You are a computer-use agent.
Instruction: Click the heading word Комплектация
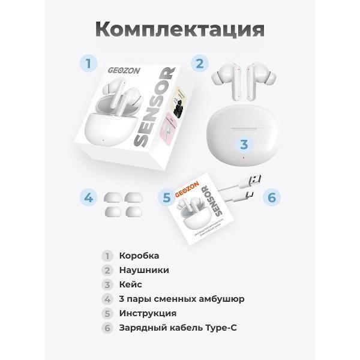[x=179, y=29]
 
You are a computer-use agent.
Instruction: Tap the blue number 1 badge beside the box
[x=89, y=63]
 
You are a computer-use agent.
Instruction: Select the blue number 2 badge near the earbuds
[x=199, y=63]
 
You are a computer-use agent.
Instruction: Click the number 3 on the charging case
[x=244, y=145]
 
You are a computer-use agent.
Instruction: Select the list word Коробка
[x=139, y=256]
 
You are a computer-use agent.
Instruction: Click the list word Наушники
[x=144, y=270]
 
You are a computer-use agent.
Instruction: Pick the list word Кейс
[x=131, y=284]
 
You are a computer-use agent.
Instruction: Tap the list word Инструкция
[x=148, y=313]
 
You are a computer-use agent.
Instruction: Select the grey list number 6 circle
[x=107, y=328]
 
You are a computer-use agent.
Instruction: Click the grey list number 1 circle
[x=107, y=256]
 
